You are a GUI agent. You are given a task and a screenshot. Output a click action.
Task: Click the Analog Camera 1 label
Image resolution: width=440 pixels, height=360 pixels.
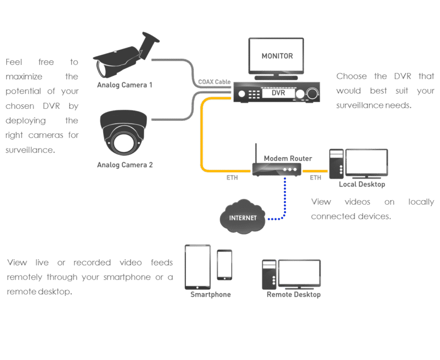[125, 84]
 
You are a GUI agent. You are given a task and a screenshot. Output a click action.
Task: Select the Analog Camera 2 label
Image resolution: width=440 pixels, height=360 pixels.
[125, 165]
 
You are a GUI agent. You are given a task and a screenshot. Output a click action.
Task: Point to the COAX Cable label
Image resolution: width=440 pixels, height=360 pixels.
[214, 82]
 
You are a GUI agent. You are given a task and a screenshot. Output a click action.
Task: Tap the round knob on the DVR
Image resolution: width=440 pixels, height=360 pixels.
[312, 94]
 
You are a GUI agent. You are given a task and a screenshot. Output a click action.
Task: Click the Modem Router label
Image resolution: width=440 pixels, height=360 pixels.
[287, 158]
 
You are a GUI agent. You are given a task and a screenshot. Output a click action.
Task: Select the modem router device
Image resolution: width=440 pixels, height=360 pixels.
[276, 169]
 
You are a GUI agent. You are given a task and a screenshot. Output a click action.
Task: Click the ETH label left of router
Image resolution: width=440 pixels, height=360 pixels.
[232, 178]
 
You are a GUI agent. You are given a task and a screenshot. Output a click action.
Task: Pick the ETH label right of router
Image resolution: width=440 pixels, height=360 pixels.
[316, 178]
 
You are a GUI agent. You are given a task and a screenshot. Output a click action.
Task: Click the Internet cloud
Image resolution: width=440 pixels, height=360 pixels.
[243, 218]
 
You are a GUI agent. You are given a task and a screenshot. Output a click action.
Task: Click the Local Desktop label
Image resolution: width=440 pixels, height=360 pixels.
[362, 184]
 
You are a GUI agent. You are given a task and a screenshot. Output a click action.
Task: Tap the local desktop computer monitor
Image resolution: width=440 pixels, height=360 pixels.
[367, 163]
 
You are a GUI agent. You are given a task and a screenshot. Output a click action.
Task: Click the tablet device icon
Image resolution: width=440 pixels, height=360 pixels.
[198, 267]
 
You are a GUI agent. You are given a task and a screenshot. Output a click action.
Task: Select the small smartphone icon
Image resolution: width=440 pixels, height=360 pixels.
[224, 265]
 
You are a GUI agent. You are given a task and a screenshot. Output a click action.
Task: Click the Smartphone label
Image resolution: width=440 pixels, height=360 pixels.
[210, 295]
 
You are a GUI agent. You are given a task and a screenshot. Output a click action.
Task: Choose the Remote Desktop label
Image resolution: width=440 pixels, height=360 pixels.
[293, 295]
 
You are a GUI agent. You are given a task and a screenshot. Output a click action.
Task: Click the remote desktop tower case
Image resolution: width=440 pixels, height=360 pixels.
[268, 274]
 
